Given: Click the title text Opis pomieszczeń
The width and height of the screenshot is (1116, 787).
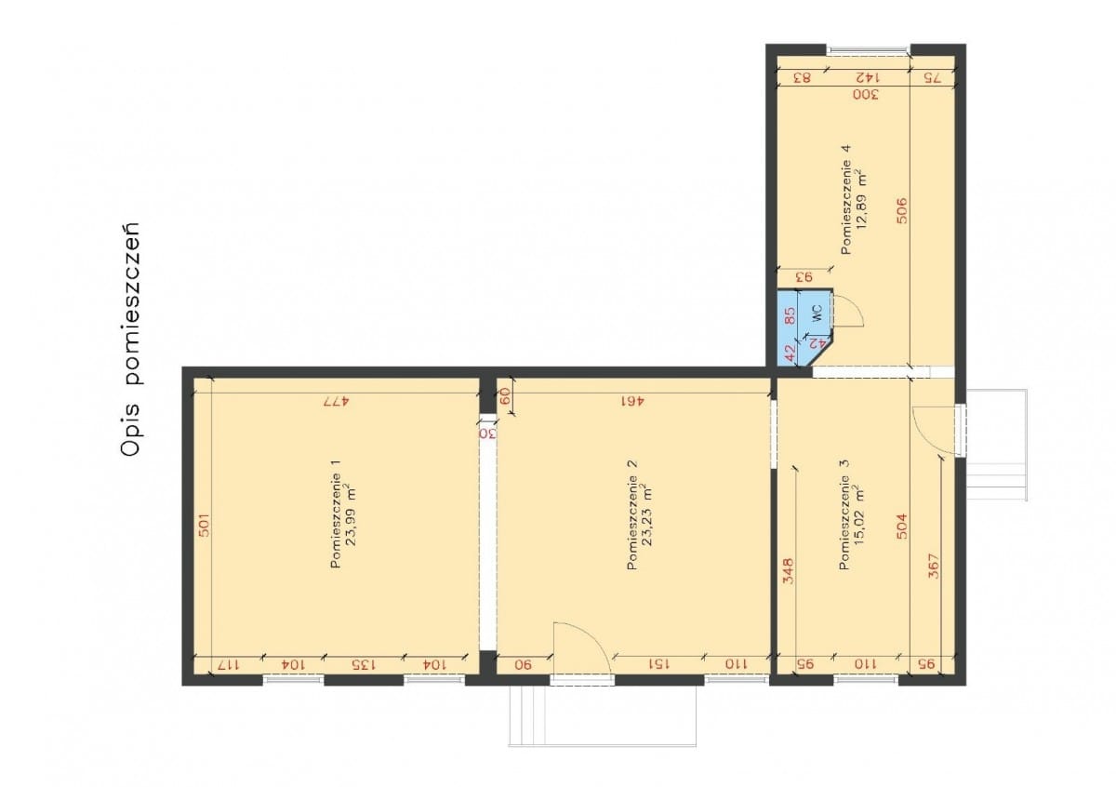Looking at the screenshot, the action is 131,339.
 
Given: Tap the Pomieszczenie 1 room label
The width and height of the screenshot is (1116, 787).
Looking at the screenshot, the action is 336,514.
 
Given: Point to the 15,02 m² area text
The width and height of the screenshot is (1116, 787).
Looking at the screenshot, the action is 858,514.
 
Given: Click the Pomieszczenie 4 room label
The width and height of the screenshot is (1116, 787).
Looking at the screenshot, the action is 846,199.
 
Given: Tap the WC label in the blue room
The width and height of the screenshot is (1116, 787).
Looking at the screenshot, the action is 817,313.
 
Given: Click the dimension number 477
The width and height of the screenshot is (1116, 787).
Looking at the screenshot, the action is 336,401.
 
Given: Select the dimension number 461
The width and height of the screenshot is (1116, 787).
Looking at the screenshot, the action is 632,401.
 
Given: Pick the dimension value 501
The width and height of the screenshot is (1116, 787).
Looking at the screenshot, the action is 204,525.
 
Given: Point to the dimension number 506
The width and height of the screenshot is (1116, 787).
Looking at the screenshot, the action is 902,211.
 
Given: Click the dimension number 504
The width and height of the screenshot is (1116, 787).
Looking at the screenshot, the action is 902,527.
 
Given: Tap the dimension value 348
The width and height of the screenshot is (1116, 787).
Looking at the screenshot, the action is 789,570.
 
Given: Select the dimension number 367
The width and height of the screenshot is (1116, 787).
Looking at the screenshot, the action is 934,567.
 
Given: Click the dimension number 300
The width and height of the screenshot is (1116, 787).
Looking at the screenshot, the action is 866,94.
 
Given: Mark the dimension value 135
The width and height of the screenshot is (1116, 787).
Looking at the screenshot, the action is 364,664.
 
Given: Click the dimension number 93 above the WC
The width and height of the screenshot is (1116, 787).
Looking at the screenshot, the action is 804,276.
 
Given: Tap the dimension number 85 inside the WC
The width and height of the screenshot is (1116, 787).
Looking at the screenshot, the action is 790,315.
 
